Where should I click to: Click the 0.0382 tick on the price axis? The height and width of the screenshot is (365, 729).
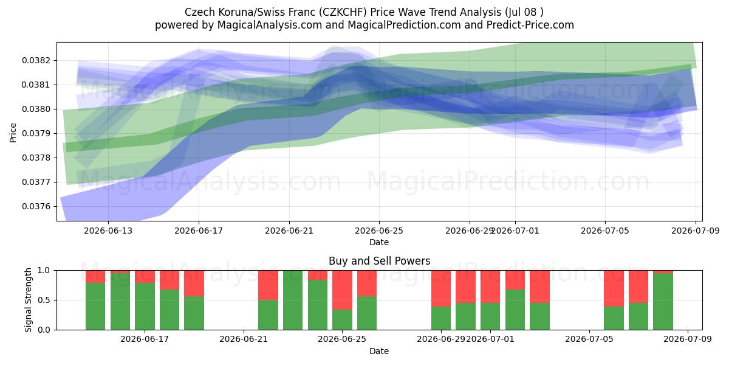(x=35, y=61)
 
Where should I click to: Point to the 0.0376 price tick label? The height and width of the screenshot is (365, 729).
(x=35, y=207)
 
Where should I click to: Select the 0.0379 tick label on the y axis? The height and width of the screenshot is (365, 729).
(x=35, y=134)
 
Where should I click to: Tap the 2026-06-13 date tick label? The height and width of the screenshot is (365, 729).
(x=108, y=231)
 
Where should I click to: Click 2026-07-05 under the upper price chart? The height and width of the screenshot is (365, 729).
(x=605, y=231)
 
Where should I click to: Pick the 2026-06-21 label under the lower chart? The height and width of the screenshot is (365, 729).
(x=244, y=339)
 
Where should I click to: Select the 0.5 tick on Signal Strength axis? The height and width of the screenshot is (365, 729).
(x=44, y=300)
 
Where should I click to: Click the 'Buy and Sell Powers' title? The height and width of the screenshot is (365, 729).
(x=379, y=261)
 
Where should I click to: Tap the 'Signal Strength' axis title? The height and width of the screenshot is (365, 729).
(x=29, y=300)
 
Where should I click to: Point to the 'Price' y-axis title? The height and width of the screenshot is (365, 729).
(x=13, y=133)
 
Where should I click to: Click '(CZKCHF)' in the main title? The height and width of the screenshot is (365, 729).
(x=343, y=12)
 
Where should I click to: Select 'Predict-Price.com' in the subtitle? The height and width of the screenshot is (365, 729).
(x=530, y=25)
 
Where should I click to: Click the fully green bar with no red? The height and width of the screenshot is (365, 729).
(x=293, y=300)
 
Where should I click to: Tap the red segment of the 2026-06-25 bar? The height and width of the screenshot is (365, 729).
(x=342, y=290)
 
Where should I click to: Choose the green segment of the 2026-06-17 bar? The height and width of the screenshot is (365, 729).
(x=145, y=307)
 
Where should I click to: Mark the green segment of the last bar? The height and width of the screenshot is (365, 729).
(x=663, y=302)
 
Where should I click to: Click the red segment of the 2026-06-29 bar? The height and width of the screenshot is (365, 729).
(x=441, y=288)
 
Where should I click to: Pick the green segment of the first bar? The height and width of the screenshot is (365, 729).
(x=95, y=307)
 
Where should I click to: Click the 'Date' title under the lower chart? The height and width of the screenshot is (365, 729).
(x=379, y=351)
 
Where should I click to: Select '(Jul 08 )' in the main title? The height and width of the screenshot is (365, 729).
(x=524, y=12)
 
